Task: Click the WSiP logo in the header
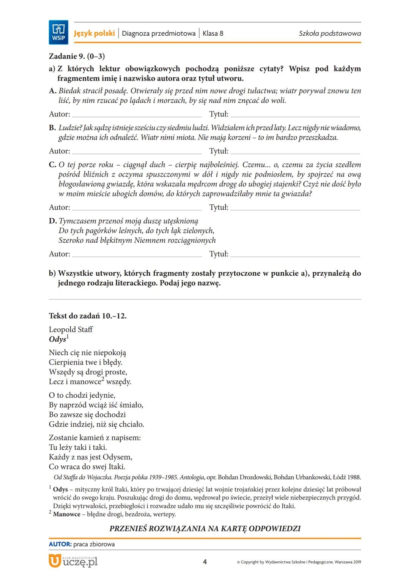tap(58, 32)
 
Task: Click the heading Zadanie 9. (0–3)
tap(77, 56)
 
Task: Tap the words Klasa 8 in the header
tap(213, 33)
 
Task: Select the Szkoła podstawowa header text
tap(330, 33)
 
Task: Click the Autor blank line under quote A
tap(137, 115)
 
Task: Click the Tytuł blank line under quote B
tap(295, 152)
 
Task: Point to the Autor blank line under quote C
tap(137, 208)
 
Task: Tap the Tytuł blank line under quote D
tap(295, 254)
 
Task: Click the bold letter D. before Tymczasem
tap(53, 221)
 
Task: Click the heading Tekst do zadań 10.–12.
tap(88, 316)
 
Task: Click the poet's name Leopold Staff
tap(71, 329)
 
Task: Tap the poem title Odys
tap(57, 339)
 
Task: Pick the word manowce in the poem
tap(85, 382)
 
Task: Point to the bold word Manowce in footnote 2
tap(66, 514)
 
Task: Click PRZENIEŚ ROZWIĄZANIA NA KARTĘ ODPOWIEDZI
tap(205, 528)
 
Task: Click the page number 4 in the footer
tap(205, 562)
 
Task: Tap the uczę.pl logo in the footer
tap(73, 561)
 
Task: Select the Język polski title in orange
tap(94, 33)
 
